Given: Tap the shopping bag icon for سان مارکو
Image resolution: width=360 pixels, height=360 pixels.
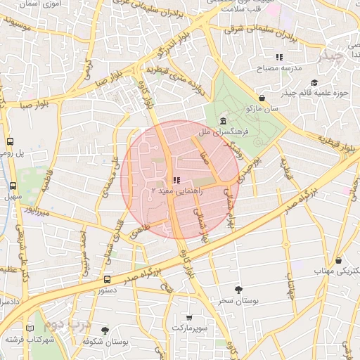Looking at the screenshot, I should click(x=262, y=98).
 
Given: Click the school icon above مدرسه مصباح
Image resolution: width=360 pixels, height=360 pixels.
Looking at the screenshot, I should click(x=279, y=57).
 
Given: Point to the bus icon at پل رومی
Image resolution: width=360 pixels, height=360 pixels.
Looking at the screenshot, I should click(x=10, y=141).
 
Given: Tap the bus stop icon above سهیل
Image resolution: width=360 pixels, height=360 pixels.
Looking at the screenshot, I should click(x=13, y=186).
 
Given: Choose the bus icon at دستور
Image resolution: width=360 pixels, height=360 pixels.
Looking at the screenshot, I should click(x=106, y=279).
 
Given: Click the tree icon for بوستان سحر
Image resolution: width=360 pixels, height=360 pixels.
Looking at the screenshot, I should click(x=239, y=289).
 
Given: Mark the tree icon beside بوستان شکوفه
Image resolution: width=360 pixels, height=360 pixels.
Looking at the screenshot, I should click(x=105, y=330).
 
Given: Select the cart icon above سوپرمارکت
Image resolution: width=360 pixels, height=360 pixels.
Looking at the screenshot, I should click(x=189, y=317).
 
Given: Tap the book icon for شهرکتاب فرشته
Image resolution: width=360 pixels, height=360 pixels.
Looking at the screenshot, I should click(x=29, y=328).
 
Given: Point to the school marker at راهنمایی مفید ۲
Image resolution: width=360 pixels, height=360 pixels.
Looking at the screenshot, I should click(x=176, y=181).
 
